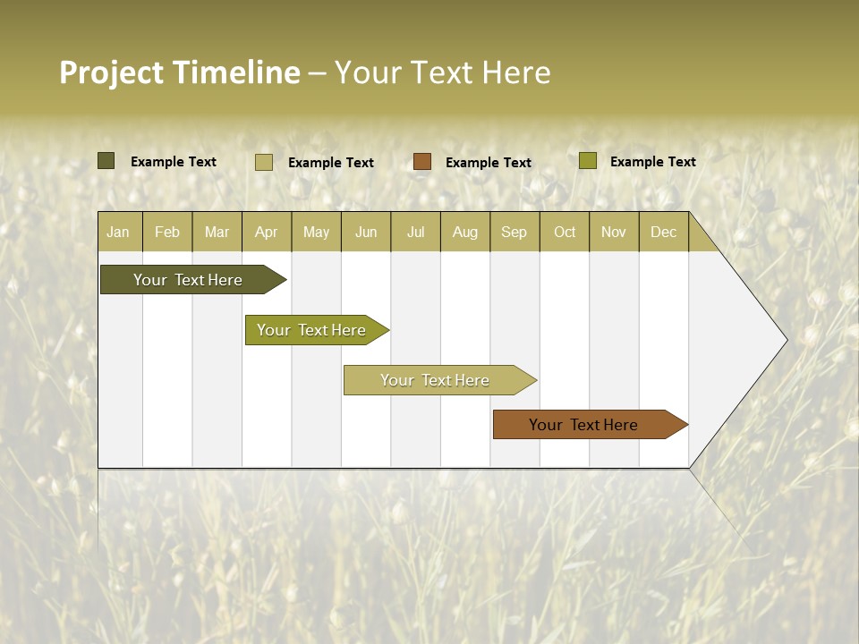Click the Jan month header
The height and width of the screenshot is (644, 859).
119,232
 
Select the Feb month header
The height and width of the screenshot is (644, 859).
167,232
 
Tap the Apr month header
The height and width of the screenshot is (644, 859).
267,232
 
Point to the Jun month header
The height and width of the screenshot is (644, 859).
366,232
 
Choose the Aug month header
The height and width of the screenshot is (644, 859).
465,232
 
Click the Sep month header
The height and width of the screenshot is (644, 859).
515,232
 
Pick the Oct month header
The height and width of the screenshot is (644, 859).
565,232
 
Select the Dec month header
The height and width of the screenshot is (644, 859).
664,232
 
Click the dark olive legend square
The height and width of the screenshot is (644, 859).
106,161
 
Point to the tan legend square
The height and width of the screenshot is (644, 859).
264,162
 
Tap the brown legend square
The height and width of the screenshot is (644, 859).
422,162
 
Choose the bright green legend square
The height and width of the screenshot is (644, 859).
588,161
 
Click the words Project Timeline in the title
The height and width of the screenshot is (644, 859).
180,72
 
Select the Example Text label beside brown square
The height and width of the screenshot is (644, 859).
489,163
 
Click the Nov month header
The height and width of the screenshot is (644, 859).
614,232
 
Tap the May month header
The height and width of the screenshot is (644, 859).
316,232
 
